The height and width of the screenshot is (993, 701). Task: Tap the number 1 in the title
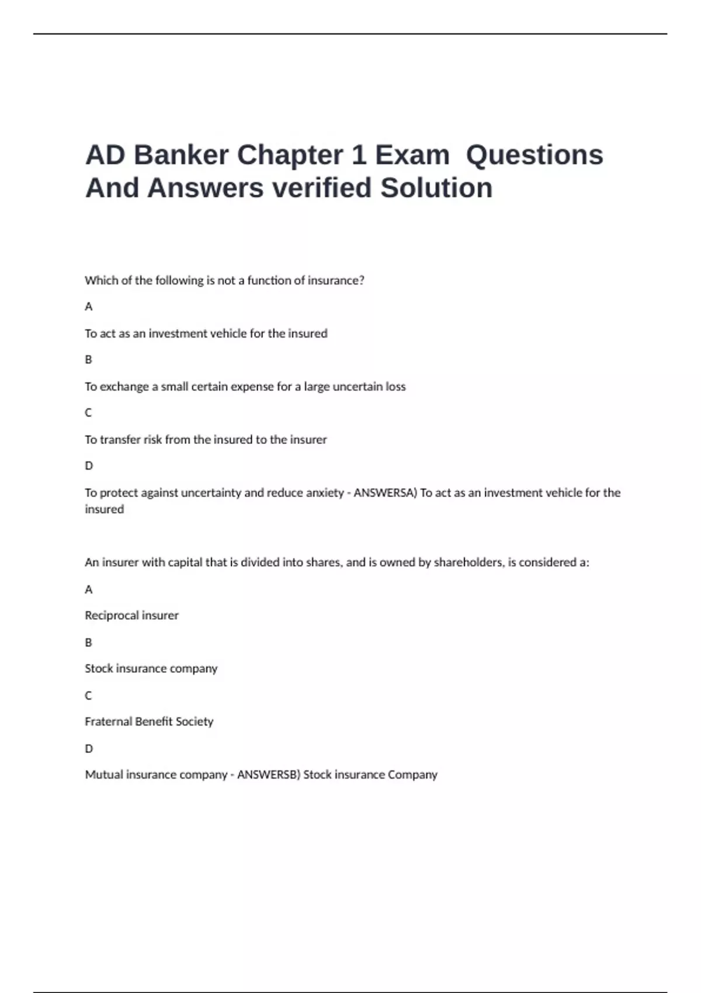pyautogui.click(x=358, y=155)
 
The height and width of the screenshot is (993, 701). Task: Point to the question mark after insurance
pyautogui.click(x=362, y=280)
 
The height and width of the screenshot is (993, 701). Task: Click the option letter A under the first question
pyautogui.click(x=89, y=307)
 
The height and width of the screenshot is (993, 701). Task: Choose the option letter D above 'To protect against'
pyautogui.click(x=89, y=466)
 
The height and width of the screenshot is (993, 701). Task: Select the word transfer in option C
pyautogui.click(x=120, y=439)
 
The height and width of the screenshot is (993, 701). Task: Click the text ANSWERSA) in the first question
pyautogui.click(x=386, y=492)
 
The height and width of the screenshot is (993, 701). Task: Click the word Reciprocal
pyautogui.click(x=112, y=615)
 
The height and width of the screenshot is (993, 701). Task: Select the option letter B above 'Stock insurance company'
pyautogui.click(x=89, y=642)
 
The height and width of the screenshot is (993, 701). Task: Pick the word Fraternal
pyautogui.click(x=108, y=721)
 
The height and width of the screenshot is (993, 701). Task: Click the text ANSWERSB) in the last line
pyautogui.click(x=268, y=775)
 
